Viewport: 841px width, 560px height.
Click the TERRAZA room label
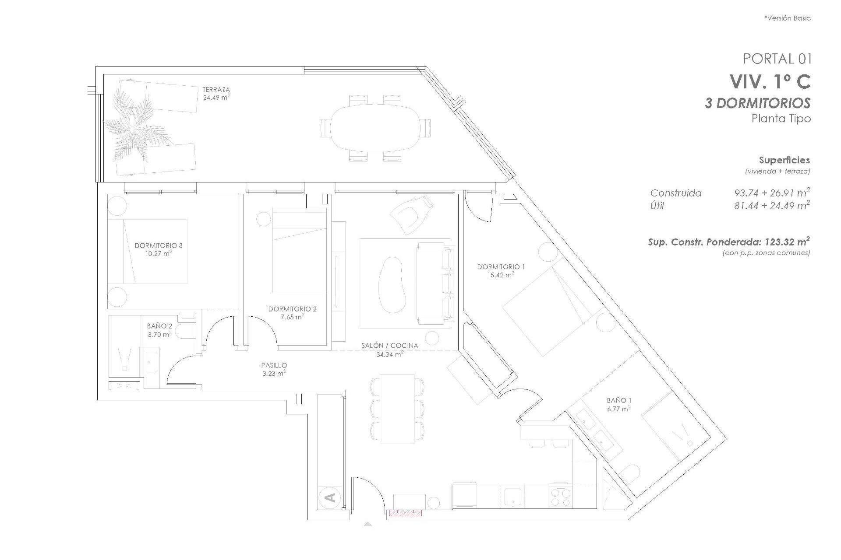coord(216,90)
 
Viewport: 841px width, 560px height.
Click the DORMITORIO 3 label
coord(158,246)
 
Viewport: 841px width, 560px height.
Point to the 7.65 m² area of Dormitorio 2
coord(292,317)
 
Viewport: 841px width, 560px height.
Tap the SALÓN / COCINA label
coord(389,346)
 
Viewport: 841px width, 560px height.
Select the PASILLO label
coord(274,365)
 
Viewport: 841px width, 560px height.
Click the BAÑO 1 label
coord(619,400)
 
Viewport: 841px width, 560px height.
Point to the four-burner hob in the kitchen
coord(561,497)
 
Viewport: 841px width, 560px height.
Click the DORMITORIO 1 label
coord(501,267)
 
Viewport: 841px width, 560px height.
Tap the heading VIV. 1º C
coord(770,82)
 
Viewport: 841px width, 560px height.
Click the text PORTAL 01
coord(777,59)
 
